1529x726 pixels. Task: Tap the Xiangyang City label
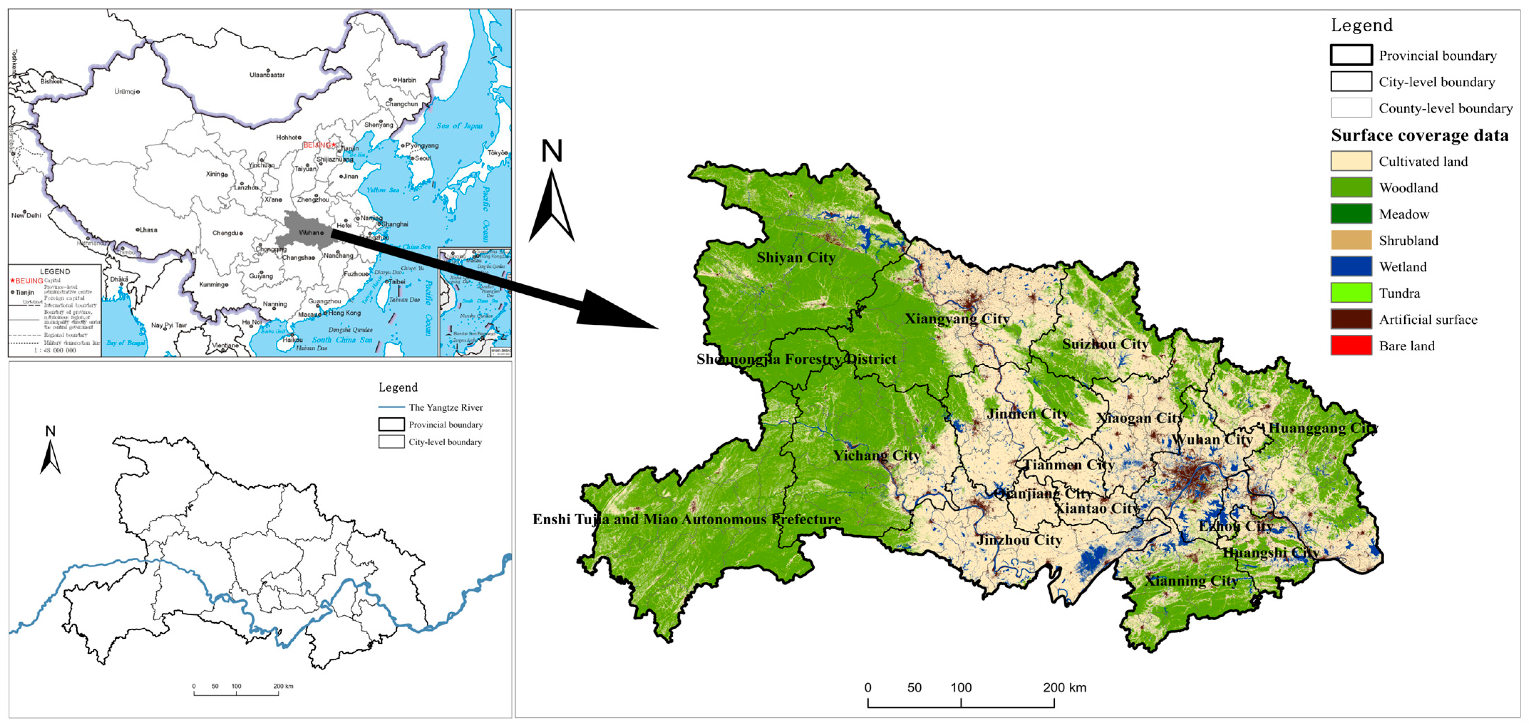coord(956,319)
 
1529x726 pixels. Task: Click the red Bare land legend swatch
coord(1351,345)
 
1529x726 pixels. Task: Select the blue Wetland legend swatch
coord(1351,267)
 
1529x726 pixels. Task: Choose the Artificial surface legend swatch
coord(1351,319)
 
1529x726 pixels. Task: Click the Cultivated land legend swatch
coord(1351,161)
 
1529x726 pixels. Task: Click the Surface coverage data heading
coord(1419,135)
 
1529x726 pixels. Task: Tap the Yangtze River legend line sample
coord(391,407)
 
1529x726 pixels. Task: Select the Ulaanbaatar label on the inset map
coord(267,75)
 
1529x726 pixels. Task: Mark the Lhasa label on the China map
coord(148,230)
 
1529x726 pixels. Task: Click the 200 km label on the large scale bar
coord(1064,688)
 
